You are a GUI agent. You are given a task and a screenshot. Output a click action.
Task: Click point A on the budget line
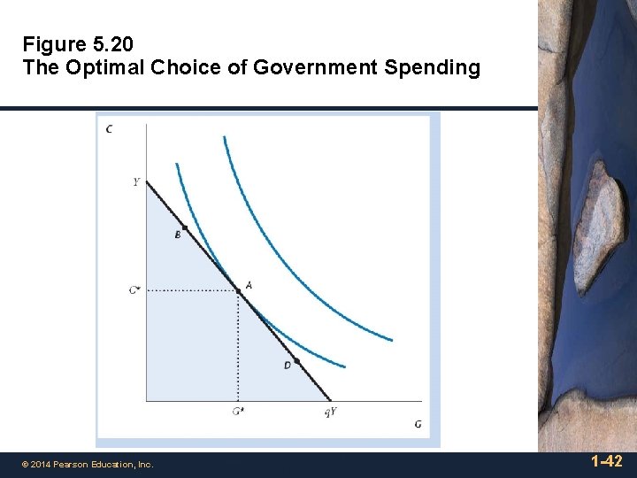[237, 289]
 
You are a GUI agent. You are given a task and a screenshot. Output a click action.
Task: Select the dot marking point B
[184, 227]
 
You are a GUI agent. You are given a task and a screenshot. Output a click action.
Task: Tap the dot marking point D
[296, 360]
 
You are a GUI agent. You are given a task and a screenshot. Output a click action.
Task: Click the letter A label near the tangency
[249, 285]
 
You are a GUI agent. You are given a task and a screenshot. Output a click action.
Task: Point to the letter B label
[177, 235]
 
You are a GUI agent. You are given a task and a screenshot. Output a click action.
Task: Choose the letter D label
[288, 366]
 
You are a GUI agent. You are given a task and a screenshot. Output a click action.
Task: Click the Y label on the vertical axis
[135, 182]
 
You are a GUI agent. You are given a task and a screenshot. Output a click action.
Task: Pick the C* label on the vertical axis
[134, 290]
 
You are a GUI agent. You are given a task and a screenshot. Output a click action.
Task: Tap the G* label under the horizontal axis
[238, 412]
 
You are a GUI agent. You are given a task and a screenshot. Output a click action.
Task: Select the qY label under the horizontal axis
[330, 412]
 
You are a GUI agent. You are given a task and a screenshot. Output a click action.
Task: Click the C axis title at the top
[109, 129]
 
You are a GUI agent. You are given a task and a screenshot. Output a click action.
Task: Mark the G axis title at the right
[418, 424]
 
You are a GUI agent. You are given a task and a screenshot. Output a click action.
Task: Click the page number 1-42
[606, 461]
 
